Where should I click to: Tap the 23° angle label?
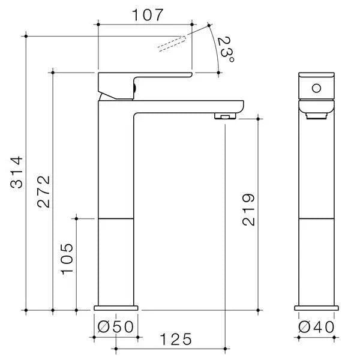point(226,50)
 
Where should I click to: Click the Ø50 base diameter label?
point(116,327)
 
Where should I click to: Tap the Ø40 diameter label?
point(316,327)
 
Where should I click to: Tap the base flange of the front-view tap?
point(317,307)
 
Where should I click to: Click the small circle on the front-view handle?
point(316,89)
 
